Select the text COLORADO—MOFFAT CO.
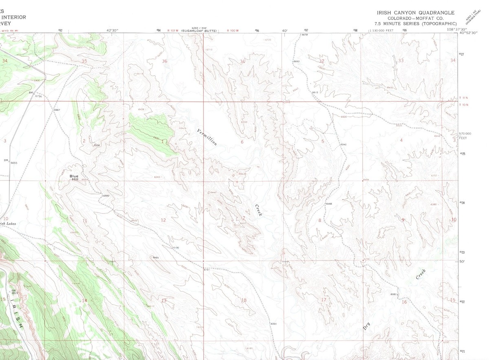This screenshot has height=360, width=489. [415, 18]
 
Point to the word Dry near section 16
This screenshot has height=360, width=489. [366, 326]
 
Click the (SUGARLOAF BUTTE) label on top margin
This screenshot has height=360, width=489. [199, 31]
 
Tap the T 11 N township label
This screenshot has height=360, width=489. [464, 98]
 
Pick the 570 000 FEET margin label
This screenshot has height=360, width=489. [465, 136]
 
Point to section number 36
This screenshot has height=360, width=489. [165, 61]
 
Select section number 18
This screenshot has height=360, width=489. [244, 301]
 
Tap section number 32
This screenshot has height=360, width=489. [322, 61]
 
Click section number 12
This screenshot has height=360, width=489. [163, 220]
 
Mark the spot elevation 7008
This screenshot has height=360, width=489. [97, 145]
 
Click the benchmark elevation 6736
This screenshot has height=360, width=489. [38, 96]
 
